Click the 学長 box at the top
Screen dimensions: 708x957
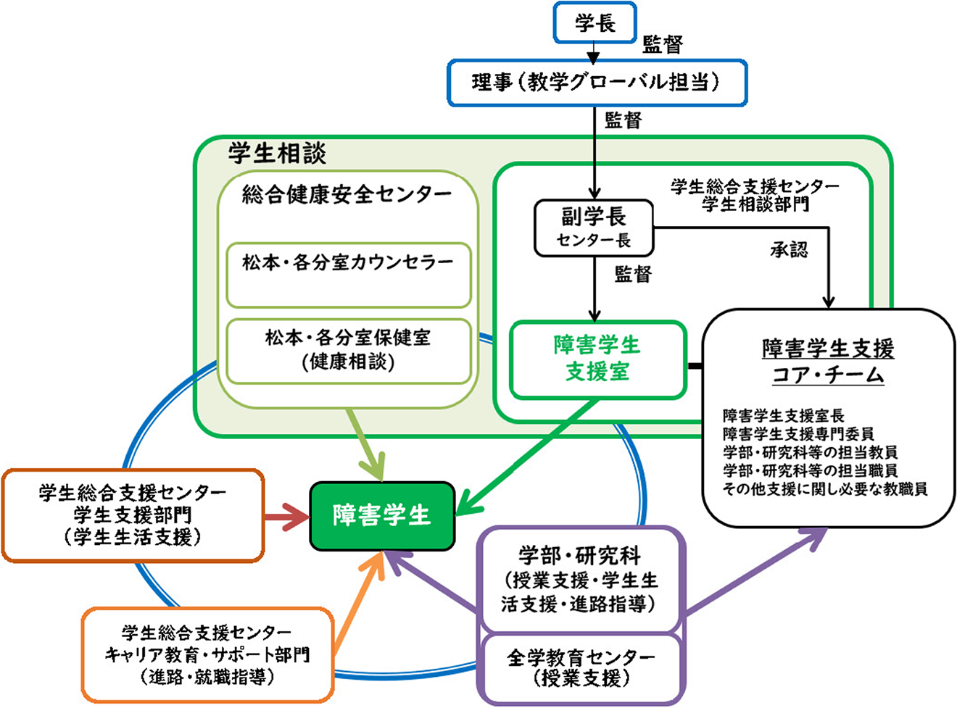[594, 23]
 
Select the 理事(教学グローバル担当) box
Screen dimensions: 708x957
[596, 83]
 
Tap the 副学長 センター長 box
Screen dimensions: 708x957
[594, 228]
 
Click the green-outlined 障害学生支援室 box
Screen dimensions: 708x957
[597, 359]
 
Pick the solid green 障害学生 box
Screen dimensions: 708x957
[382, 516]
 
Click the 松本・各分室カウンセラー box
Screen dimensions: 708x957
[348, 275]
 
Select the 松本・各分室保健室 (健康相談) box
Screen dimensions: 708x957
[348, 350]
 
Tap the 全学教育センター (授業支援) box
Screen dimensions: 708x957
[581, 668]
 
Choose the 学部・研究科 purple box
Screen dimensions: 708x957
[580, 580]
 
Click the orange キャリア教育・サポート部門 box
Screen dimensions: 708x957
[207, 654]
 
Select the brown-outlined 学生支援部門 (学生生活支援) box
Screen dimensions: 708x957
[133, 515]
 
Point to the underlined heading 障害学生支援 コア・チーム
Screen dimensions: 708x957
[827, 361]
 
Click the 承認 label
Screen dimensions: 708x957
[788, 250]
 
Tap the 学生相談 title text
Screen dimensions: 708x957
[277, 154]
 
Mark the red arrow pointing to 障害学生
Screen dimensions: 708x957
[286, 517]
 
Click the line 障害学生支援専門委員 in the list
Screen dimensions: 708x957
[797, 434]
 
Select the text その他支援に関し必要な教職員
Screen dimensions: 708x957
[824, 489]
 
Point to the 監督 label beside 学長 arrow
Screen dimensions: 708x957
[663, 46]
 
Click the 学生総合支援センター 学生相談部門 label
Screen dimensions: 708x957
[755, 196]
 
